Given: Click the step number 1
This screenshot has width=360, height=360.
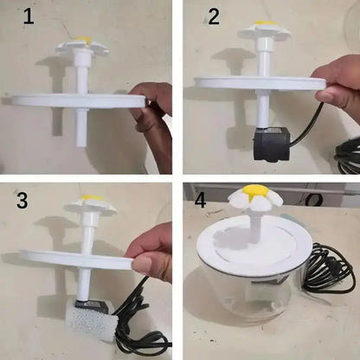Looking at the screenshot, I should [x=29, y=16].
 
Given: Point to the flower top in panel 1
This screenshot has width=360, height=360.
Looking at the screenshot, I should [x=80, y=44].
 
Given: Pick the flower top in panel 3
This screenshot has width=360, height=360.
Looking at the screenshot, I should [x=91, y=205].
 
